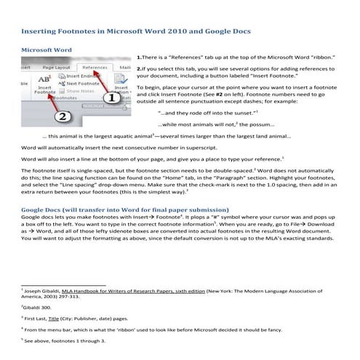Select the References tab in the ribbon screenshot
pyautogui.click(x=95, y=67)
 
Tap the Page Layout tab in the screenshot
pyautogui.click(x=57, y=67)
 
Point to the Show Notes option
pyautogui.click(x=83, y=92)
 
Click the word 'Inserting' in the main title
pyautogui.click(x=41, y=33)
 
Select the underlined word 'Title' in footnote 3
pyautogui.click(x=64, y=319)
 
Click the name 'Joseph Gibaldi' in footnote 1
pyautogui.click(x=42, y=290)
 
